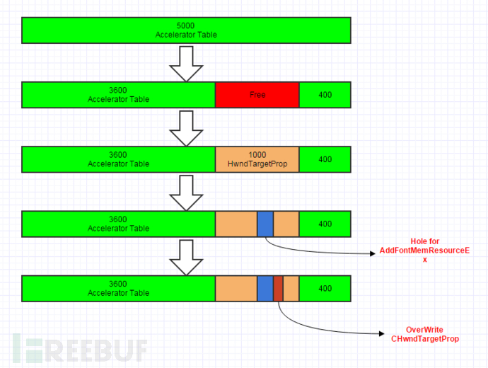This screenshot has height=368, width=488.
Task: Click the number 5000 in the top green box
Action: pyautogui.click(x=185, y=25)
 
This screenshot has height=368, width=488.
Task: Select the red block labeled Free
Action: pyautogui.click(x=257, y=95)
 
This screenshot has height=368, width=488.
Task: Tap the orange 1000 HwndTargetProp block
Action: pyautogui.click(x=257, y=159)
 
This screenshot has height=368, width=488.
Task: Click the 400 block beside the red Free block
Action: pyautogui.click(x=325, y=95)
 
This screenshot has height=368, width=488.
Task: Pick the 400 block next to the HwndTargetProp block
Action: pyautogui.click(x=325, y=159)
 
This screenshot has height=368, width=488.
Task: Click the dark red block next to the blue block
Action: pyautogui.click(x=278, y=289)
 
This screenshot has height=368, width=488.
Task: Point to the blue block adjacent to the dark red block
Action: pyautogui.click(x=265, y=289)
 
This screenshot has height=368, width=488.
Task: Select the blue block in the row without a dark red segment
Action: pyautogui.click(x=265, y=224)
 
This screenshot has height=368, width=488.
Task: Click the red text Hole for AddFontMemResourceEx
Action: pyautogui.click(x=424, y=251)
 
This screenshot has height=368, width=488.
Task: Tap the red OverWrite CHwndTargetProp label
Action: pyautogui.click(x=425, y=334)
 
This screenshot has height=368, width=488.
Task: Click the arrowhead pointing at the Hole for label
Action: pyautogui.click(x=373, y=254)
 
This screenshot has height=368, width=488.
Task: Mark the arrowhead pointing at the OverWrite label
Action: pyautogui.click(x=382, y=334)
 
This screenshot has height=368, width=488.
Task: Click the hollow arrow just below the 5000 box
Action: pyautogui.click(x=186, y=64)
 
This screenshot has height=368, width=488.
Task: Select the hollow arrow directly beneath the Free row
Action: pyautogui.click(x=186, y=128)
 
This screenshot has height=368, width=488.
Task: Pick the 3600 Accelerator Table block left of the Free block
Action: pyautogui.click(x=118, y=95)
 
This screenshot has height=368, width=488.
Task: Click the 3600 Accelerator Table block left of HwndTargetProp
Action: pyautogui.click(x=118, y=159)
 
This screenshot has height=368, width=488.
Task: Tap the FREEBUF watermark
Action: pyautogui.click(x=80, y=349)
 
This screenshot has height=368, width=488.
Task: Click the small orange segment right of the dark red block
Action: pyautogui.click(x=291, y=289)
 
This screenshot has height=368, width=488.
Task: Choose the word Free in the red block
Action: pyautogui.click(x=257, y=95)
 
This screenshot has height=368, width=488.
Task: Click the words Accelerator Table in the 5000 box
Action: pyautogui.click(x=186, y=35)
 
